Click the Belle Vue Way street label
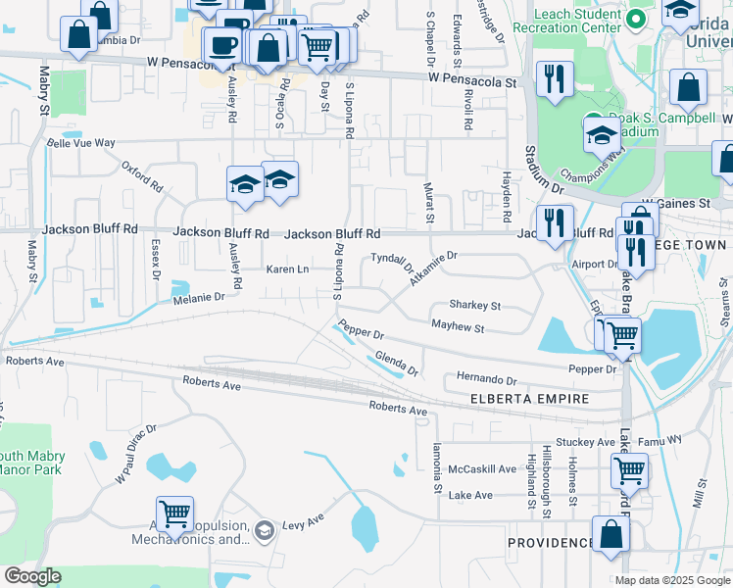click(x=81, y=142)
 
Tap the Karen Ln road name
click(x=288, y=269)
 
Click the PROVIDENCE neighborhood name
click(x=549, y=542)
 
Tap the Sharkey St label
click(x=474, y=306)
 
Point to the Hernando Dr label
click(x=487, y=378)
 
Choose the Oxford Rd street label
click(x=142, y=177)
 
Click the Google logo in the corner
click(x=32, y=576)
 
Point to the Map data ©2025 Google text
click(x=671, y=580)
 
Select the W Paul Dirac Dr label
click(x=135, y=454)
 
